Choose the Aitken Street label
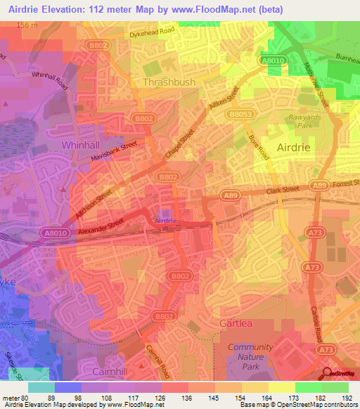click(224, 102)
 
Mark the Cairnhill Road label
click(158, 356)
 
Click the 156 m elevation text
click(27, 25)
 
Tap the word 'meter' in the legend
click(12, 397)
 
